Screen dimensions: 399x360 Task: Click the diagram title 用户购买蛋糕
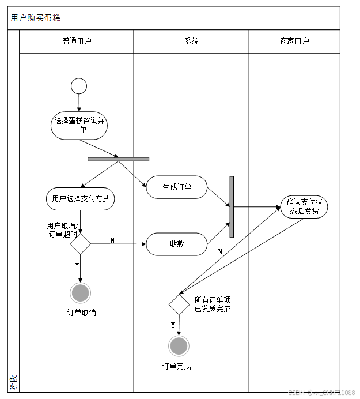pyautogui.click(x=35, y=18)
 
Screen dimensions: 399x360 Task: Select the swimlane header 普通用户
pyautogui.click(x=77, y=42)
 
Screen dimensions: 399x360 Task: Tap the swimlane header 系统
pyautogui.click(x=191, y=42)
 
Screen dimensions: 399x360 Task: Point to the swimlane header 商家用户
pyautogui.click(x=294, y=42)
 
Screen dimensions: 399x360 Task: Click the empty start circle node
pyautogui.click(x=79, y=86)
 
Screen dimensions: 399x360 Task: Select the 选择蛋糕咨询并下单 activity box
pyautogui.click(x=79, y=125)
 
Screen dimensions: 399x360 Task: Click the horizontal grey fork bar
pyautogui.click(x=118, y=159)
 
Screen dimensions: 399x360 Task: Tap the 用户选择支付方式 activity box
pyautogui.click(x=80, y=199)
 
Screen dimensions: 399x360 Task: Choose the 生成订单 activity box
pyautogui.click(x=176, y=187)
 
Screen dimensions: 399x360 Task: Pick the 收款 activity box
pyautogui.click(x=176, y=244)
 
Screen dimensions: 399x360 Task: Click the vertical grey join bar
pyautogui.click(x=232, y=206)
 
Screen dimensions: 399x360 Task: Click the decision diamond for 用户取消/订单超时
pyautogui.click(x=80, y=244)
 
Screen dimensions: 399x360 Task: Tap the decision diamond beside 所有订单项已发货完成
pyautogui.click(x=179, y=304)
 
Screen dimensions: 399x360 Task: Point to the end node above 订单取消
pyautogui.click(x=80, y=293)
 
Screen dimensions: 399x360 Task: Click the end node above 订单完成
pyautogui.click(x=179, y=346)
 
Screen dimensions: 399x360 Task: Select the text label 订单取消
pyautogui.click(x=81, y=313)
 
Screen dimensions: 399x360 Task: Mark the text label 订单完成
pyautogui.click(x=177, y=366)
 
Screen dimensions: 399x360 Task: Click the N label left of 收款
pyautogui.click(x=112, y=240)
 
